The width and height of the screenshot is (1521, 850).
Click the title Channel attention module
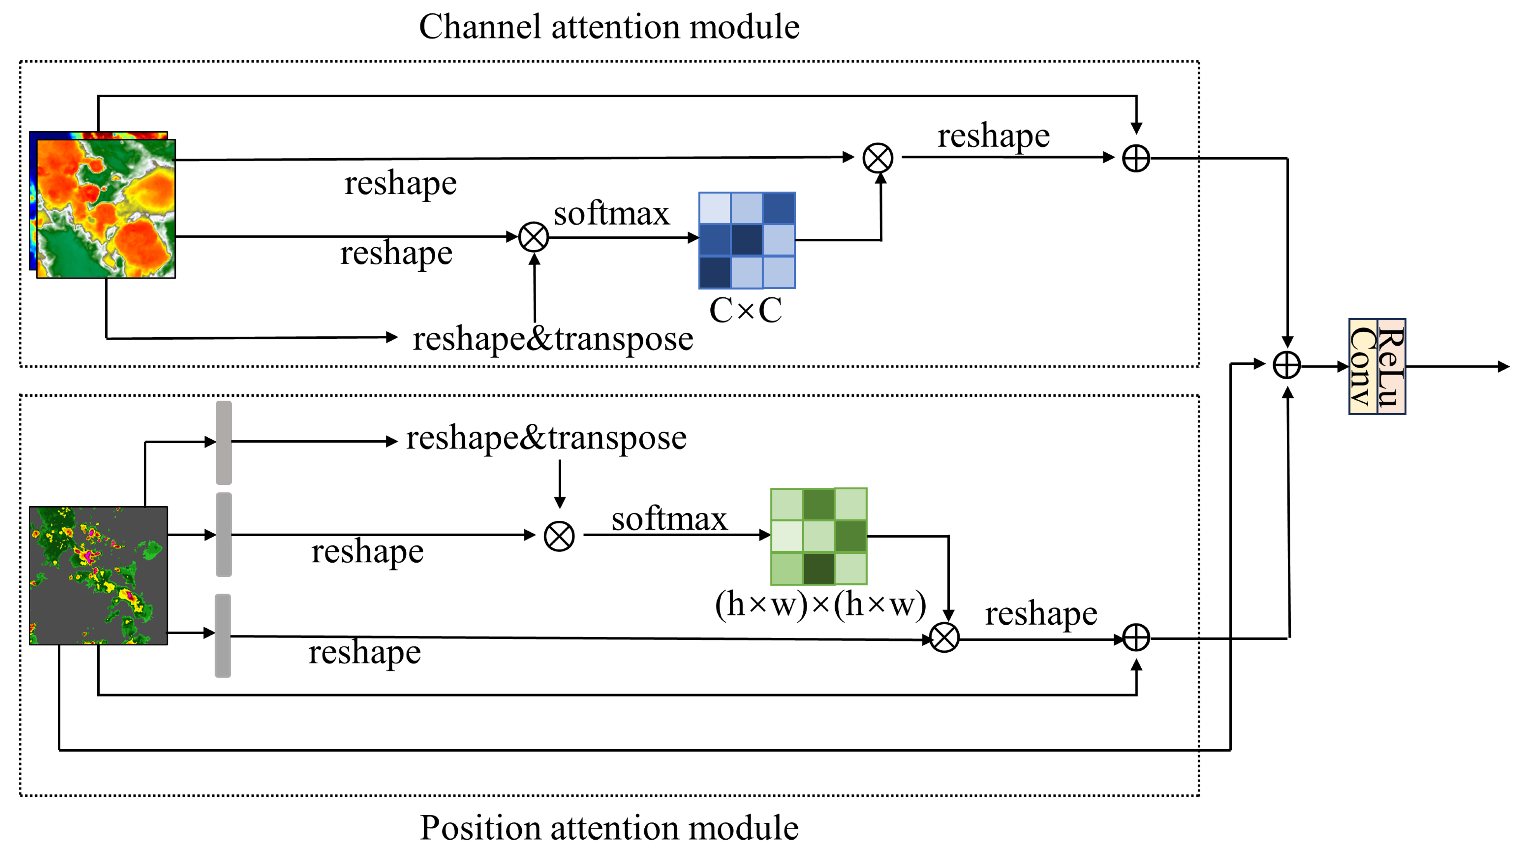(609, 27)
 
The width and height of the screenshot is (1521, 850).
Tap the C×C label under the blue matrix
(745, 311)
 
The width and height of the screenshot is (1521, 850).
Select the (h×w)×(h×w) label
(820, 605)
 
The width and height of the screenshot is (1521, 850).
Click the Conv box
(1363, 367)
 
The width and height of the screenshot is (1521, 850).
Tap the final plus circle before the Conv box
(1287, 365)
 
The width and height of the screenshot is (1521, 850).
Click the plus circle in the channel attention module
(1136, 158)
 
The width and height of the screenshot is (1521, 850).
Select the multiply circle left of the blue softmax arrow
(534, 238)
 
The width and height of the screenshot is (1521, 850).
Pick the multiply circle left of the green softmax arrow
(559, 537)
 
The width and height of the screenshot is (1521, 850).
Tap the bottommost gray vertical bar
(223, 635)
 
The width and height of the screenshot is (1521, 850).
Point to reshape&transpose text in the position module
(546, 438)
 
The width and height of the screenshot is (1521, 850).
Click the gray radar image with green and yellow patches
(98, 575)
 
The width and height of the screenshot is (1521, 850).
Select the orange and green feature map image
(106, 208)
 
